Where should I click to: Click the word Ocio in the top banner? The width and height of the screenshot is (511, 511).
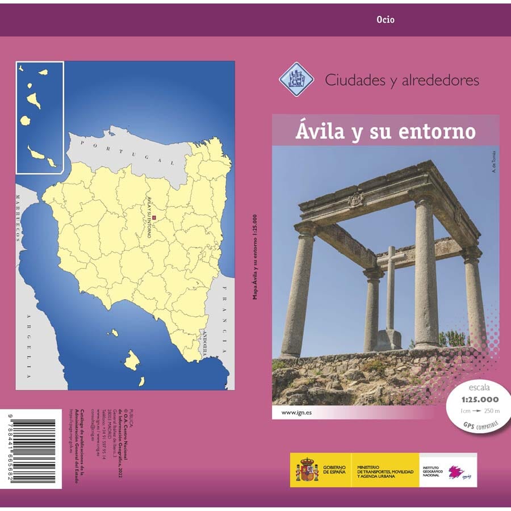(x=385, y=20)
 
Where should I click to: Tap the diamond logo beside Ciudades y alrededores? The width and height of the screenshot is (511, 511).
(x=296, y=79)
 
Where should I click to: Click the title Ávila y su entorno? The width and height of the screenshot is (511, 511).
(x=385, y=131)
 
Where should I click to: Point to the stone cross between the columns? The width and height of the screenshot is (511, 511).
(x=391, y=284)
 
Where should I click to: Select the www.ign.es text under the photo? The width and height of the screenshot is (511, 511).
(x=287, y=412)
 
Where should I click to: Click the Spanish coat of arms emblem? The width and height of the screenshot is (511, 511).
(x=307, y=470)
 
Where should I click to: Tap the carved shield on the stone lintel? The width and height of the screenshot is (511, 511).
(x=356, y=199)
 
